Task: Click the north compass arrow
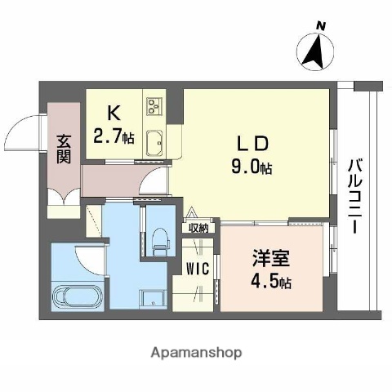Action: (x=314, y=52)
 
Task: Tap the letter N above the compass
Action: (x=321, y=26)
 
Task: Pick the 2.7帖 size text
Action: (x=114, y=137)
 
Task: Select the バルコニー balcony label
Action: (x=355, y=195)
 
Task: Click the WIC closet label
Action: (x=196, y=268)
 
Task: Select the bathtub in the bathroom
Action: (x=78, y=295)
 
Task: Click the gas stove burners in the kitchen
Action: (x=156, y=105)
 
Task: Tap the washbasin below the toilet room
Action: (x=150, y=298)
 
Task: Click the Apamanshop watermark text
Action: (x=196, y=354)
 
